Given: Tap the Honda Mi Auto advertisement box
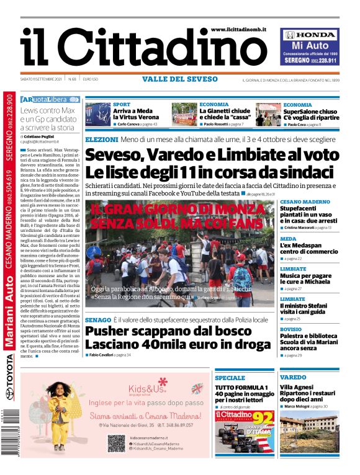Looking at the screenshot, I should pyautogui.click(x=309, y=47).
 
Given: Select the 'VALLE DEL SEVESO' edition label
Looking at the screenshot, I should pyautogui.click(x=180, y=79).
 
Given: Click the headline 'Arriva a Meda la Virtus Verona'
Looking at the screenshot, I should pyautogui.click(x=136, y=114).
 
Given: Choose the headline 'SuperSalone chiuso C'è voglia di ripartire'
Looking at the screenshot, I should pyautogui.click(x=311, y=114).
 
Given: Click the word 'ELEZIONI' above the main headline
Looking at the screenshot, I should pyautogui.click(x=101, y=140).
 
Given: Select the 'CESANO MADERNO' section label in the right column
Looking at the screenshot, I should pyautogui.click(x=305, y=202).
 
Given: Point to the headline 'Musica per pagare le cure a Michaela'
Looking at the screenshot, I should pyautogui.click(x=307, y=278).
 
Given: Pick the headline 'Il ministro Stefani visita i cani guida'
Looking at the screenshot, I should pyautogui.click(x=308, y=309).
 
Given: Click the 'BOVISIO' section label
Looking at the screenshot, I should pyautogui.click(x=290, y=329).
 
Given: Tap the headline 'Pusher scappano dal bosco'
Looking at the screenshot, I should pyautogui.click(x=160, y=331).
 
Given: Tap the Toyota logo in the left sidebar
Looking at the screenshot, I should pyautogui.click(x=10, y=389).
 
